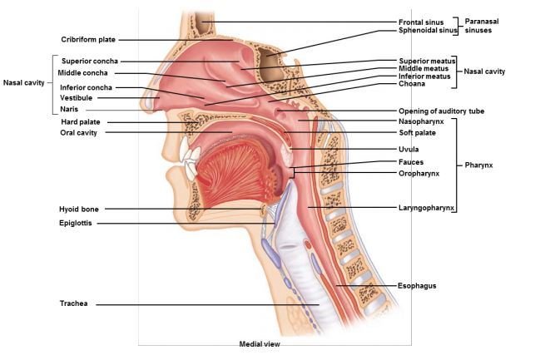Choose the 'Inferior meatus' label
pyautogui.click(x=425, y=76)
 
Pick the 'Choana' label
pyautogui.click(x=413, y=84)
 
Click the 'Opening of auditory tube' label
pyautogui.click(x=441, y=111)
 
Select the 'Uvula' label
pyautogui.click(x=409, y=150)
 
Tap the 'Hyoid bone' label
pyautogui.click(x=79, y=210)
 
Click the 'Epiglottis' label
pyautogui.click(x=76, y=223)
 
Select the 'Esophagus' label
pyautogui.click(x=417, y=285)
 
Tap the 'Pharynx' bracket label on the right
pyautogui.click(x=479, y=165)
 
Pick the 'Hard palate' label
pyautogui.click(x=79, y=121)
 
